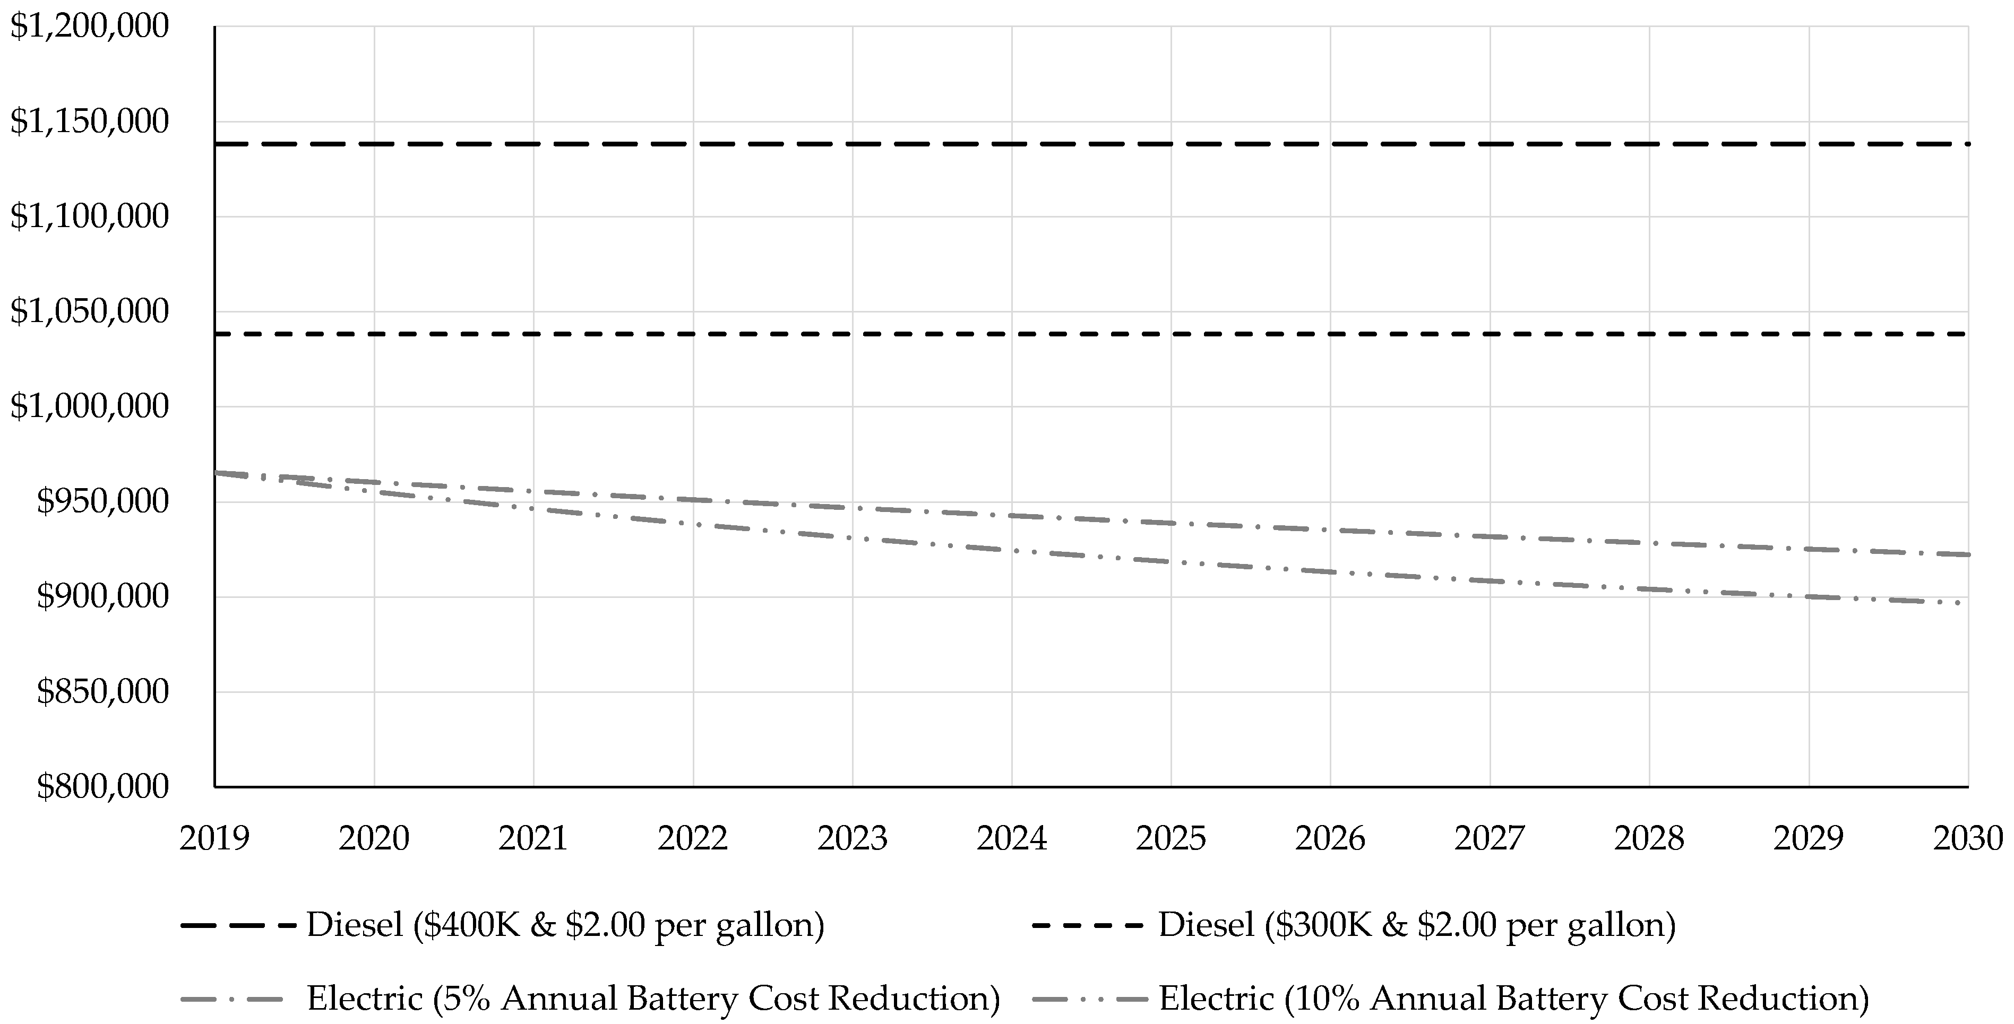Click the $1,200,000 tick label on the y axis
click(89, 27)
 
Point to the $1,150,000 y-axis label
click(89, 122)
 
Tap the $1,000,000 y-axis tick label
click(89, 406)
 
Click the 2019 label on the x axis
click(215, 839)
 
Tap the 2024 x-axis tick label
click(1012, 839)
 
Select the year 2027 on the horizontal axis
click(1490, 839)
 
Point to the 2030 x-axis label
click(1967, 839)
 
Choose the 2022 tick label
click(693, 839)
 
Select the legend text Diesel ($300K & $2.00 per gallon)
click(1417, 925)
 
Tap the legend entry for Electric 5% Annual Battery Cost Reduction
click(653, 998)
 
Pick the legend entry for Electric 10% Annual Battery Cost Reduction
click(1513, 998)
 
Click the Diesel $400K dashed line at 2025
click(1171, 144)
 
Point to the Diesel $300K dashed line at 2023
click(852, 334)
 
